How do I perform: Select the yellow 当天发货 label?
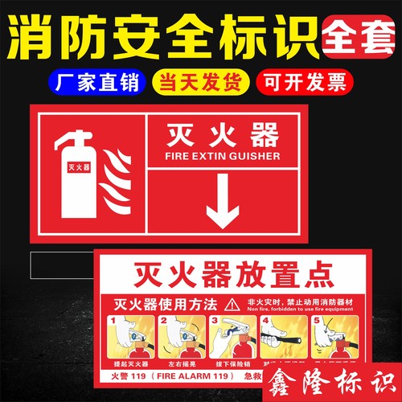(x=201, y=83)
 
